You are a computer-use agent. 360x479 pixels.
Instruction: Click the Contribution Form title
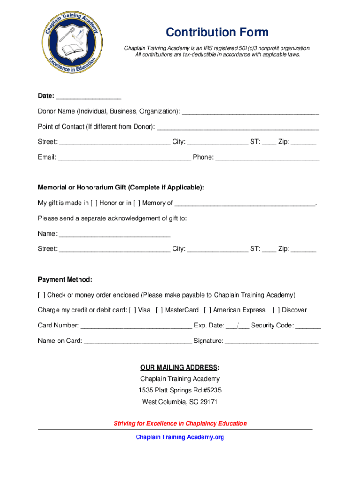(217, 32)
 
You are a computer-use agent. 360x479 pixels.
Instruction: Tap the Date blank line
(88, 96)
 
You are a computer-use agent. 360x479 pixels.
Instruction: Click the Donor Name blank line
(251, 112)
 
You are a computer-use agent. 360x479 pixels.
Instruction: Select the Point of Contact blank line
(238, 127)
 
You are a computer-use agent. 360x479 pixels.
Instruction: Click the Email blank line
(124, 158)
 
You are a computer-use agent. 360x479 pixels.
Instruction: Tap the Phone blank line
(267, 158)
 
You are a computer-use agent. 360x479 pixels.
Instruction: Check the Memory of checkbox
(137, 203)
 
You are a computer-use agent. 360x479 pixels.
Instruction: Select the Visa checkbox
(132, 310)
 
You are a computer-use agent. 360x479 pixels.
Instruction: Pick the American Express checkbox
(208, 310)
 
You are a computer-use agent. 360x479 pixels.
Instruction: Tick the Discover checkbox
(276, 310)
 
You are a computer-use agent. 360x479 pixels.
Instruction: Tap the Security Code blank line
(308, 326)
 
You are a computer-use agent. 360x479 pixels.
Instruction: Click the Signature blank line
(272, 341)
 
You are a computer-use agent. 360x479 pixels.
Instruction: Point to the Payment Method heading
(65, 280)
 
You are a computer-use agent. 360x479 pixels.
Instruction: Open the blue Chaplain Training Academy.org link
(180, 437)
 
